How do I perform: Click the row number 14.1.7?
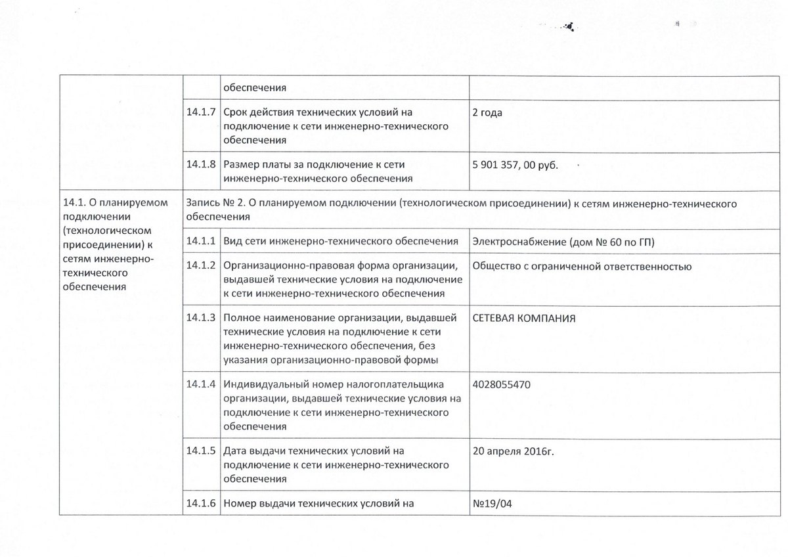pyautogui.click(x=201, y=113)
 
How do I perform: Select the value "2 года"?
pyautogui.click(x=487, y=113)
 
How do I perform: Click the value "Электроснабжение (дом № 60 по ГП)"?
pyautogui.click(x=563, y=242)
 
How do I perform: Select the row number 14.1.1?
pyautogui.click(x=201, y=242)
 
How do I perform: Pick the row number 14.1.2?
pyautogui.click(x=201, y=266)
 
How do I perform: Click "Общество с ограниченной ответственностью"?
pyautogui.click(x=582, y=266)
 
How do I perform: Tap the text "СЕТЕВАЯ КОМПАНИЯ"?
pyautogui.click(x=524, y=318)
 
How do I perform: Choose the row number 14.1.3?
pyautogui.click(x=201, y=318)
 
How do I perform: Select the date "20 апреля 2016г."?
pyautogui.click(x=517, y=451)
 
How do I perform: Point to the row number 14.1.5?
pyautogui.click(x=201, y=451)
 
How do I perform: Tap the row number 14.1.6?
pyautogui.click(x=201, y=504)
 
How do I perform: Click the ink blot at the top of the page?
pyautogui.click(x=577, y=28)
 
